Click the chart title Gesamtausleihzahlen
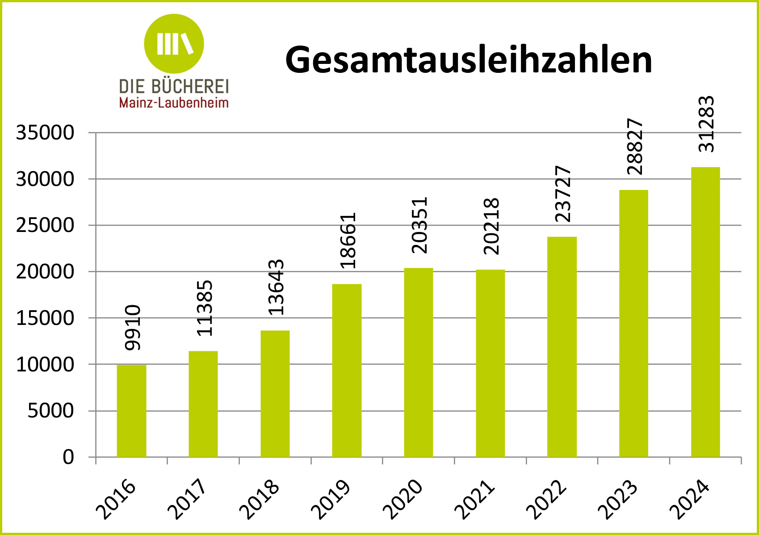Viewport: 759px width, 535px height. click(x=468, y=60)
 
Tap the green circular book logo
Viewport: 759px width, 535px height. click(x=174, y=43)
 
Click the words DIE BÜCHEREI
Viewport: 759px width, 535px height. click(x=174, y=86)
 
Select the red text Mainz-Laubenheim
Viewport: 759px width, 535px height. click(x=174, y=103)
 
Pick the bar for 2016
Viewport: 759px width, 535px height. click(x=131, y=411)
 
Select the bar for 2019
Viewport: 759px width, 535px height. click(x=347, y=371)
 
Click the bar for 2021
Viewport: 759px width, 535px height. click(x=490, y=363)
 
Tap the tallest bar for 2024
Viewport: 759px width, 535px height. click(x=705, y=313)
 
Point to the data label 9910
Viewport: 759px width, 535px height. click(x=133, y=328)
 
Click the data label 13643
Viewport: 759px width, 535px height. click(x=276, y=287)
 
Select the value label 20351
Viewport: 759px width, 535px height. click(x=419, y=225)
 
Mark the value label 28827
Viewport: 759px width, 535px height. click(x=635, y=147)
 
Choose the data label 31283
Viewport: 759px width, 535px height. click(x=706, y=124)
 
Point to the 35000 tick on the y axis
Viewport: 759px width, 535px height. click(x=45, y=133)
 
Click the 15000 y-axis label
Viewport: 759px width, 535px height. click(x=45, y=318)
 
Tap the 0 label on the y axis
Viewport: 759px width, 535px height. click(x=68, y=457)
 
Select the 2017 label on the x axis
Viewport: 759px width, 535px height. click(x=188, y=498)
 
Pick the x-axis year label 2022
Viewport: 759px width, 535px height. click(x=546, y=498)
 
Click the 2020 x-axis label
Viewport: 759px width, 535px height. click(x=403, y=498)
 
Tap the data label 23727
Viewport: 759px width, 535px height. click(x=563, y=194)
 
